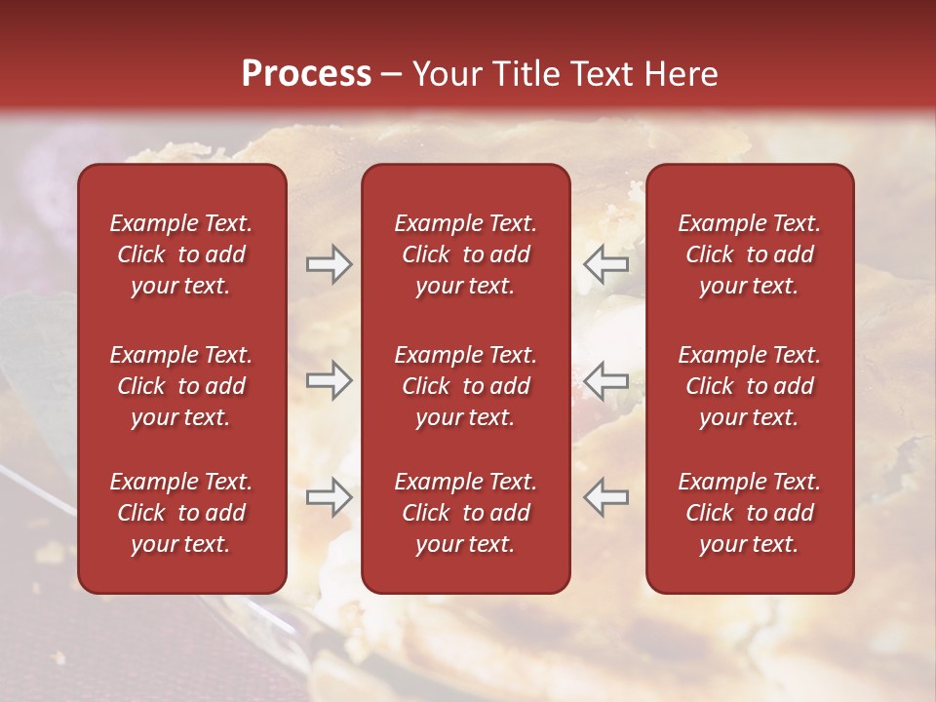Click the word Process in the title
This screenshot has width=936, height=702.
(x=306, y=74)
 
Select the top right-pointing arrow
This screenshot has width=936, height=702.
(x=329, y=264)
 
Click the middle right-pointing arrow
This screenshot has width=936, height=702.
(x=329, y=380)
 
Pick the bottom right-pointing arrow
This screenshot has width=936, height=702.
(x=329, y=496)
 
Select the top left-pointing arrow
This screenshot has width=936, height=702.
(x=606, y=264)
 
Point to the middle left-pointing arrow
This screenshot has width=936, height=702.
(x=606, y=380)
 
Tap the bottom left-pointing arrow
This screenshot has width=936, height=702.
(x=606, y=496)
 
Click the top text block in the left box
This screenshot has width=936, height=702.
(x=181, y=254)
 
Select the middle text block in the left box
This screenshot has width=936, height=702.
(x=181, y=386)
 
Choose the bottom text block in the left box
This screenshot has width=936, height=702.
(x=181, y=513)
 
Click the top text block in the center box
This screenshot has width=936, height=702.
(x=465, y=254)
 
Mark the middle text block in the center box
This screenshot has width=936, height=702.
(x=465, y=386)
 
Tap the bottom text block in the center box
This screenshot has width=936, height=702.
(x=465, y=513)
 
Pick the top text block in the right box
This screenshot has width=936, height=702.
(x=749, y=254)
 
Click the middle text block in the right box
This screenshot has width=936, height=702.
(x=749, y=386)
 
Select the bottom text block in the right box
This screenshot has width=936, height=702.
(x=749, y=513)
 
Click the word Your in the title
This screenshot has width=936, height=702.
(x=445, y=74)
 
